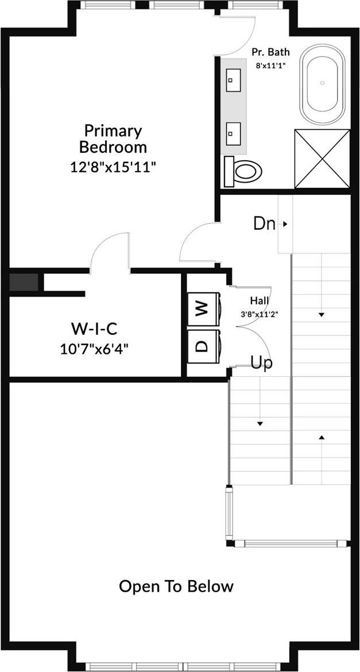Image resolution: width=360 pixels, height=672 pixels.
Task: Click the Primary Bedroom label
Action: point(113,138)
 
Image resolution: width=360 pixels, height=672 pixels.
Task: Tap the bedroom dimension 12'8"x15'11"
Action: point(113,167)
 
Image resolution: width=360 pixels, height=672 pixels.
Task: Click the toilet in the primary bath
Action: point(243,171)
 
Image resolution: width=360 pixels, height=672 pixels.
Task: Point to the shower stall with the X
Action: point(322,158)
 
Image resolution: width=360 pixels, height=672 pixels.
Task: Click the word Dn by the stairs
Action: point(264,223)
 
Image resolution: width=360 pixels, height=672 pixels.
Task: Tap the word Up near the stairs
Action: point(261,363)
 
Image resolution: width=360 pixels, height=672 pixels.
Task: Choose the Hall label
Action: point(259,300)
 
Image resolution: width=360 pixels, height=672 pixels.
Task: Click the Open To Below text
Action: point(176,586)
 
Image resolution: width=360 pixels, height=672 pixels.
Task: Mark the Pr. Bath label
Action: point(270,52)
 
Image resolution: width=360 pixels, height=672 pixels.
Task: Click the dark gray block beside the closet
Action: point(24,283)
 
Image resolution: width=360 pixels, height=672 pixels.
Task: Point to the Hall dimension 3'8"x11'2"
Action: point(259,314)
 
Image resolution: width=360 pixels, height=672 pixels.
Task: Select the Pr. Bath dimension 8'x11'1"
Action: point(270,65)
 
